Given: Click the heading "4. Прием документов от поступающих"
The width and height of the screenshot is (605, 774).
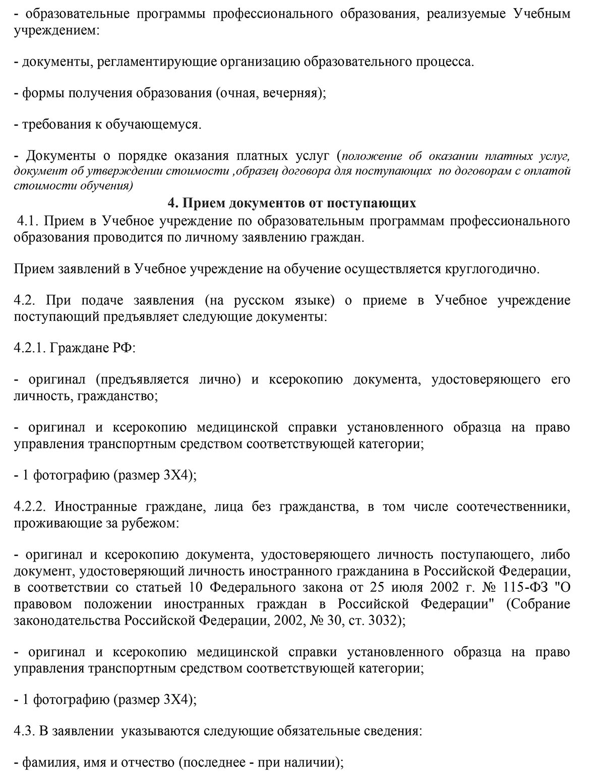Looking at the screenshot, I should tap(292, 203).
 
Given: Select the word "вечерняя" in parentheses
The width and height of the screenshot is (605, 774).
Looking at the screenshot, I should tap(291, 93).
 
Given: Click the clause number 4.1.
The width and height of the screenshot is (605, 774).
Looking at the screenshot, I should tap(28, 221).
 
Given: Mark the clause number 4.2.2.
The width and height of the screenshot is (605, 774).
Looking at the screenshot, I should tap(31, 506).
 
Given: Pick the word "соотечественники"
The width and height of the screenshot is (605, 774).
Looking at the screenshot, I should tap(513, 506).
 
